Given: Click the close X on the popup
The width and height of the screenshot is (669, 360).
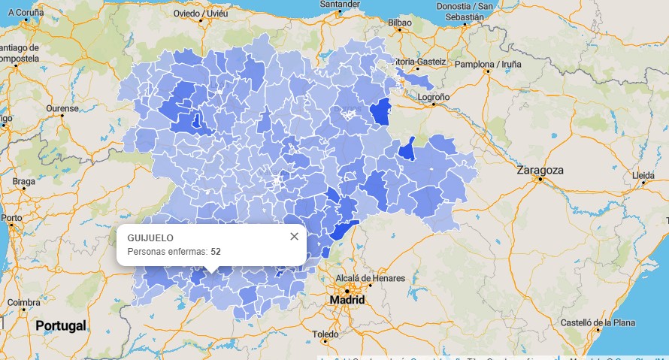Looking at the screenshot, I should click(294, 237).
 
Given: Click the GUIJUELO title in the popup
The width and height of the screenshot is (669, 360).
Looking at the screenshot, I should click(150, 238).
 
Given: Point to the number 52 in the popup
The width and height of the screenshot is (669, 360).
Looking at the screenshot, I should click(216, 252).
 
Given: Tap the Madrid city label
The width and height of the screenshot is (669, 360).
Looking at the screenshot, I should click(347, 300).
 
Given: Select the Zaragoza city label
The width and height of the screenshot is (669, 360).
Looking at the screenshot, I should click(540, 171).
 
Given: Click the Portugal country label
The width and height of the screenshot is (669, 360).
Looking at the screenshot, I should click(60, 325).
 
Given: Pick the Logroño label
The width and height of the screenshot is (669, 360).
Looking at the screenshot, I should click(433, 97).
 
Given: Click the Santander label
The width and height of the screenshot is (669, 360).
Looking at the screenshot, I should click(340, 4).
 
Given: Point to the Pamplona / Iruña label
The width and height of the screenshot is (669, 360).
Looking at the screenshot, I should click(488, 64).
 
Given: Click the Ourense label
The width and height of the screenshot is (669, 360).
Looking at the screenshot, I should click(62, 108).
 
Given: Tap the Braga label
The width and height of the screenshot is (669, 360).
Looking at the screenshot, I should click(23, 181).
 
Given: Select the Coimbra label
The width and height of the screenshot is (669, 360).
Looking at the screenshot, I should click(23, 302).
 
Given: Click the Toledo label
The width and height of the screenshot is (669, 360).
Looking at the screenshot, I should click(325, 334).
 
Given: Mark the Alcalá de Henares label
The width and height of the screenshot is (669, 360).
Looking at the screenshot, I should click(370, 278).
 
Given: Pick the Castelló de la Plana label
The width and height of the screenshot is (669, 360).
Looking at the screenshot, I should click(597, 322).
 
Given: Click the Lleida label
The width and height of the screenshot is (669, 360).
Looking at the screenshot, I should click(643, 175).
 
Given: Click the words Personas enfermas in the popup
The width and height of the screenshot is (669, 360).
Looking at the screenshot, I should click(167, 252).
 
